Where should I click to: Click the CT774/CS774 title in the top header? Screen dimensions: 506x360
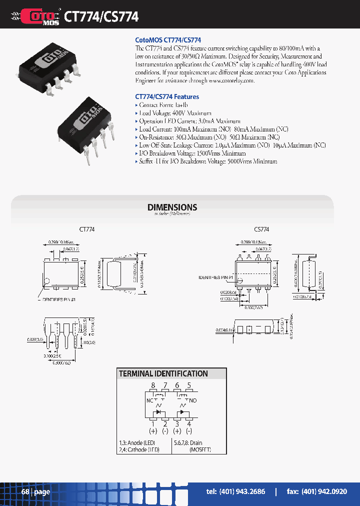pos(101,16)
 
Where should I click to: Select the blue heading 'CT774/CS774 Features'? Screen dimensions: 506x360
pos(167,96)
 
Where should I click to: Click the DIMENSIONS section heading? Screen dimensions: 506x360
pos(172,207)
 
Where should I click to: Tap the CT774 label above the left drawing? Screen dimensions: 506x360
pos(87,229)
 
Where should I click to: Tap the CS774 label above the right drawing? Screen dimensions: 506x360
pos(261,229)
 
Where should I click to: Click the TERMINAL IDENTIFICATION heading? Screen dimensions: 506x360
pos(163,373)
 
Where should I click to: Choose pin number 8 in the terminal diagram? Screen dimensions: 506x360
pos(153,385)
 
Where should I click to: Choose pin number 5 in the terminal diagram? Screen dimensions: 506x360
pos(189,385)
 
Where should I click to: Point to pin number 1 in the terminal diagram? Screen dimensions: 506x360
pos(153,424)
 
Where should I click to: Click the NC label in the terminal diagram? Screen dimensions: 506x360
pos(149,400)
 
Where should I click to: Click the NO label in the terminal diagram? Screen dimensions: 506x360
pos(193,400)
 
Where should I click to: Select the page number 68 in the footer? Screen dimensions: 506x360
pos(25,492)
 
